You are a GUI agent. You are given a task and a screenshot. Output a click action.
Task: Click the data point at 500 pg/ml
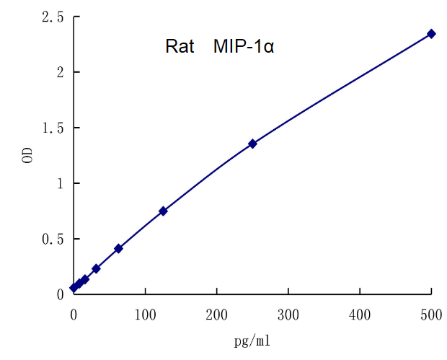(x=431, y=33)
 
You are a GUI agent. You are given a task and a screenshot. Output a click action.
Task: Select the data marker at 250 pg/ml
(x=252, y=144)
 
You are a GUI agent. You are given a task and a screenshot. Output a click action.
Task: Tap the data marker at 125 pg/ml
(x=163, y=211)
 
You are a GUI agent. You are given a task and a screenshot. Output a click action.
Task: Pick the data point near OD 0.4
(x=118, y=248)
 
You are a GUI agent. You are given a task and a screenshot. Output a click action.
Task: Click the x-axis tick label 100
(x=145, y=315)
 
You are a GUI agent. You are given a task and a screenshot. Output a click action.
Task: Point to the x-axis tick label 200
(x=216, y=315)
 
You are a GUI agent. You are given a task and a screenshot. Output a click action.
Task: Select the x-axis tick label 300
(x=288, y=315)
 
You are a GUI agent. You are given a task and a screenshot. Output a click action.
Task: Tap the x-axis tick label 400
(x=360, y=315)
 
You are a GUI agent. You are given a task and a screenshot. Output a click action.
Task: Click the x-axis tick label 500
(x=431, y=315)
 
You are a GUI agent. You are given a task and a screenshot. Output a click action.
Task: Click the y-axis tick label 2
(x=60, y=72)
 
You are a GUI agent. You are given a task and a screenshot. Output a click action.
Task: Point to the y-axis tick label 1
(x=60, y=183)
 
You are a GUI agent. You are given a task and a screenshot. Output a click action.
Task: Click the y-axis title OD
(x=27, y=156)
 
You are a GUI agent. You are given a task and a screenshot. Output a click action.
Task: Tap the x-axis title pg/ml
(x=252, y=341)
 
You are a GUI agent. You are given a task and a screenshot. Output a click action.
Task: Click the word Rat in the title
(x=179, y=48)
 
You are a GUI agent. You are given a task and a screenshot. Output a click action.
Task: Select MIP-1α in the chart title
(x=243, y=48)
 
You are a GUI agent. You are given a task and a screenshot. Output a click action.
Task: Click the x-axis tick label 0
(x=74, y=315)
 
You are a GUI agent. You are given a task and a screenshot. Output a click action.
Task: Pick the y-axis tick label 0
(x=60, y=294)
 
